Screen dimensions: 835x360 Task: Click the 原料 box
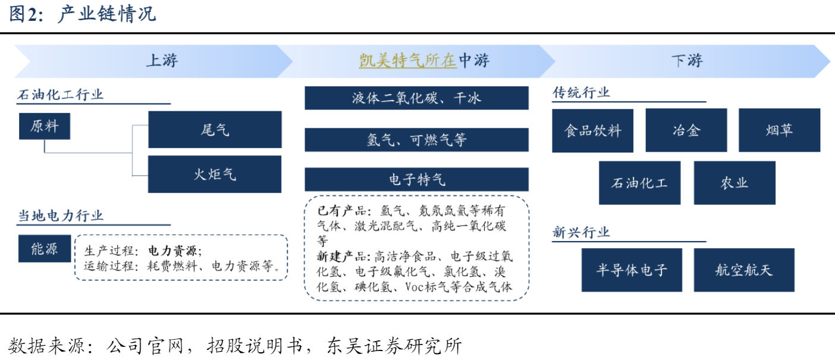click(x=45, y=126)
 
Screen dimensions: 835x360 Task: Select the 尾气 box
click(x=215, y=130)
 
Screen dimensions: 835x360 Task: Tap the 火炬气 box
click(x=215, y=174)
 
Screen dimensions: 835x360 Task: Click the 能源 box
click(x=45, y=249)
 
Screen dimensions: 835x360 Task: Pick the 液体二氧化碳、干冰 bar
click(x=416, y=98)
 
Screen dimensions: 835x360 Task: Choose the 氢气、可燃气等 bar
click(x=416, y=140)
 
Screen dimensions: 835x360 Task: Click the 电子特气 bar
click(x=416, y=180)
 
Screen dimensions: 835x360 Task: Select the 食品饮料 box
click(x=593, y=130)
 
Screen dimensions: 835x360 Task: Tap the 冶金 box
click(x=686, y=130)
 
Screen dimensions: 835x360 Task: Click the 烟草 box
click(x=780, y=130)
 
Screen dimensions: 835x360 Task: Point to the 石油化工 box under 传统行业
click(x=640, y=183)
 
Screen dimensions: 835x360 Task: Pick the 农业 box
click(x=734, y=183)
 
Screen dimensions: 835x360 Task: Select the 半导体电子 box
click(x=632, y=270)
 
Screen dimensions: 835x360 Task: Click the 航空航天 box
click(x=744, y=270)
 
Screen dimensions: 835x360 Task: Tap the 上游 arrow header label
click(x=162, y=61)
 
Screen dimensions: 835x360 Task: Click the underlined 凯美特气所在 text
click(x=407, y=61)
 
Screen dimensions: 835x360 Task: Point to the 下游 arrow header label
click(x=687, y=61)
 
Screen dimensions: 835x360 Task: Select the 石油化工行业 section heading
click(x=60, y=95)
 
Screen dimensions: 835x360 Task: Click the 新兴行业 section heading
click(x=581, y=233)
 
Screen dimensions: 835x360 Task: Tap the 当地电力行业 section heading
click(x=61, y=216)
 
